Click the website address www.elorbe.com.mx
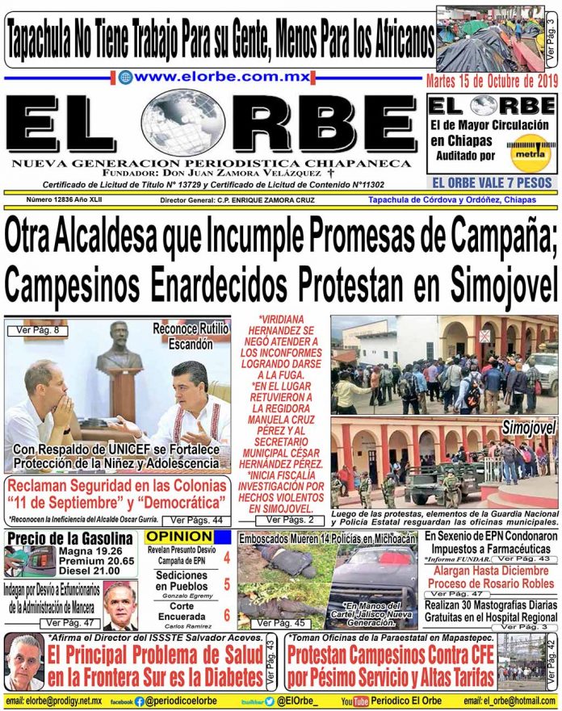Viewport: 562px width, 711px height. click(213, 78)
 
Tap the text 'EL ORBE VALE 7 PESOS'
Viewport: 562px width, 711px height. click(492, 182)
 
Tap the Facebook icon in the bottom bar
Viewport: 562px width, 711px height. click(140, 702)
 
